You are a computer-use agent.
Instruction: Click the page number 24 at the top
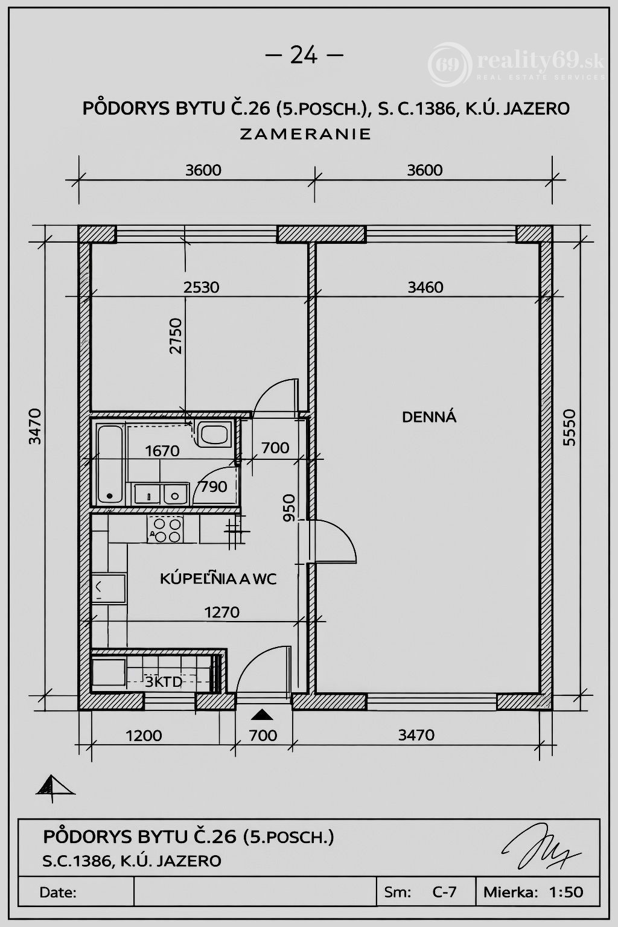click(x=304, y=55)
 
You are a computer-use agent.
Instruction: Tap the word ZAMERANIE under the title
click(x=305, y=134)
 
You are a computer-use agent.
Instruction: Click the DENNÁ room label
click(x=429, y=417)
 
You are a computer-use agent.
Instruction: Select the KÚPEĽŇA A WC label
click(x=218, y=579)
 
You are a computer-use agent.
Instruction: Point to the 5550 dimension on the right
click(x=570, y=427)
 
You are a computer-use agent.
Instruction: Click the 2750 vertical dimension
click(x=176, y=336)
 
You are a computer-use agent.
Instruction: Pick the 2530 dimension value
click(x=201, y=287)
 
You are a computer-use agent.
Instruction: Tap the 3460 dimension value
click(x=425, y=287)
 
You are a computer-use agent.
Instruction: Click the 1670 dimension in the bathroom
click(x=162, y=451)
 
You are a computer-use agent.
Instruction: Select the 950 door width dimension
click(x=289, y=508)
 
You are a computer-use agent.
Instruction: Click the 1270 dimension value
click(x=222, y=612)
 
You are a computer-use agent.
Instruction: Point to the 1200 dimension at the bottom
click(x=144, y=736)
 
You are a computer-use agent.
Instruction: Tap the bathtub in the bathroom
click(x=110, y=464)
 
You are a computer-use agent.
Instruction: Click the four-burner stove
click(x=165, y=530)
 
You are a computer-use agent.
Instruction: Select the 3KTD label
click(x=164, y=682)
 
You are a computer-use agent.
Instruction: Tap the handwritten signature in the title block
click(x=541, y=845)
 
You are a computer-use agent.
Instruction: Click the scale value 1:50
click(x=566, y=891)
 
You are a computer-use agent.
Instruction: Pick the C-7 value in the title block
click(x=444, y=891)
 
